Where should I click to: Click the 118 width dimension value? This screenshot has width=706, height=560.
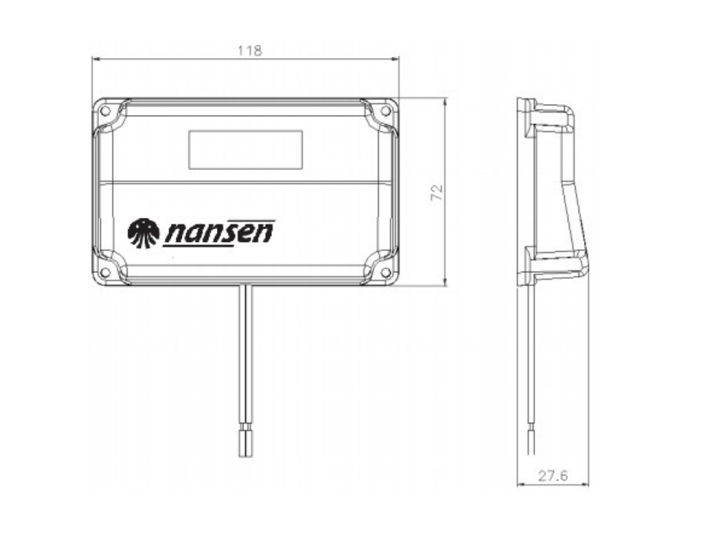(x=249, y=50)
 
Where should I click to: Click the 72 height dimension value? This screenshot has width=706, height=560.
(x=436, y=192)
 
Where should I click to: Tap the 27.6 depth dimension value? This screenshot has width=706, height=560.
(x=553, y=475)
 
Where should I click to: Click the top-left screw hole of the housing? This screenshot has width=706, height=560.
(x=105, y=111)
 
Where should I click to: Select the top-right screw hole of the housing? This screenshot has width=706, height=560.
(x=386, y=111)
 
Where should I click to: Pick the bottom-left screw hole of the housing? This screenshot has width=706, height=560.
(x=104, y=272)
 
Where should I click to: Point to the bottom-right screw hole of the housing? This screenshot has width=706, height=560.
(x=386, y=272)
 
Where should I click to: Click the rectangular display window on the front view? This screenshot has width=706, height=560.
(x=245, y=149)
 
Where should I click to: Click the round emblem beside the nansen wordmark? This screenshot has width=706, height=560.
(x=143, y=233)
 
